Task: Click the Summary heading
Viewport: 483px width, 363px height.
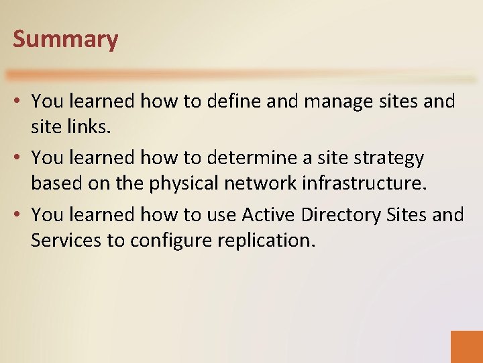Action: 65,39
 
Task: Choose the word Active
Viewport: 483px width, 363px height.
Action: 269,215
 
